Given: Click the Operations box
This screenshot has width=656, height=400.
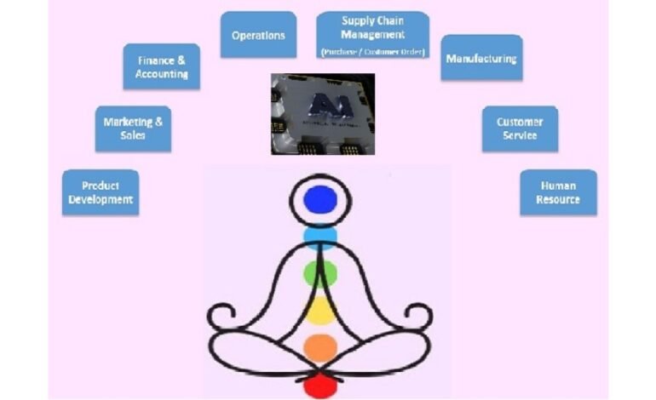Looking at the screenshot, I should (258, 35).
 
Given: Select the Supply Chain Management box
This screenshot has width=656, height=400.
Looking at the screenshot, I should (372, 35).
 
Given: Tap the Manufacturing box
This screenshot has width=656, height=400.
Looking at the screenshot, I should (480, 58).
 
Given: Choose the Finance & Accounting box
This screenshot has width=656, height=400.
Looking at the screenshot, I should (162, 66).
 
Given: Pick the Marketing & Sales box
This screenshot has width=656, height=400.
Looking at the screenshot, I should (132, 129).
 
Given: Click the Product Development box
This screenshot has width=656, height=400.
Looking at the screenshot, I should (101, 192).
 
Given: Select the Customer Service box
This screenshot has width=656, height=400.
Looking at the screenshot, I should (520, 129).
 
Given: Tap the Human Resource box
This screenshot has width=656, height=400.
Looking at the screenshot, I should (558, 192).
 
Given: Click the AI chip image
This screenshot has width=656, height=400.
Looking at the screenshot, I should (323, 113).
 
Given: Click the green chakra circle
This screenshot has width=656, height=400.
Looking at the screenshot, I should (320, 272).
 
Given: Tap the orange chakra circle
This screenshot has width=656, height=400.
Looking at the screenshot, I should (320, 347).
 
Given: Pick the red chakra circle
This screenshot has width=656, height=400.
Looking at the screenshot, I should (320, 385).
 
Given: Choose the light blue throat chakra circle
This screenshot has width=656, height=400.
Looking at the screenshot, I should (320, 234).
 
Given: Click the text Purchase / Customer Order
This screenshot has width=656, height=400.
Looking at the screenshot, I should (372, 53).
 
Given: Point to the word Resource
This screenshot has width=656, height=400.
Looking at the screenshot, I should (558, 200).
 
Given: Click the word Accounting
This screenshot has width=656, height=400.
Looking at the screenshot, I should (162, 74).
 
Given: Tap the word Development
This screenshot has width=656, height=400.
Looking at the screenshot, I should (101, 200).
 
